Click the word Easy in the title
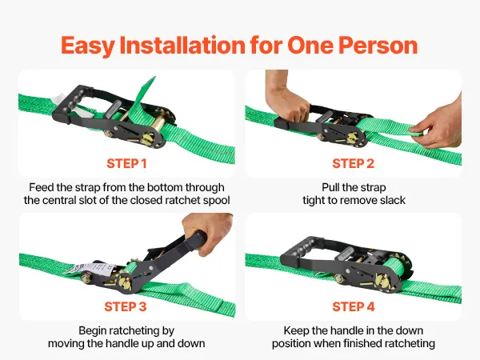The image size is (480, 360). (x=87, y=46)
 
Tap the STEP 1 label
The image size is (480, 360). (x=126, y=163)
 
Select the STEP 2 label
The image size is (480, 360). (x=354, y=163)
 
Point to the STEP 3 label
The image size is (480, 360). (x=126, y=306)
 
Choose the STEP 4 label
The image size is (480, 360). (x=354, y=306)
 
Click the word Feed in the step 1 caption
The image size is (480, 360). (x=40, y=187)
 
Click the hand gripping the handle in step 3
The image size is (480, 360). (x=208, y=231)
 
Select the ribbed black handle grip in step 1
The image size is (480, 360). (x=71, y=99)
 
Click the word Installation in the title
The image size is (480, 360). (x=182, y=46)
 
